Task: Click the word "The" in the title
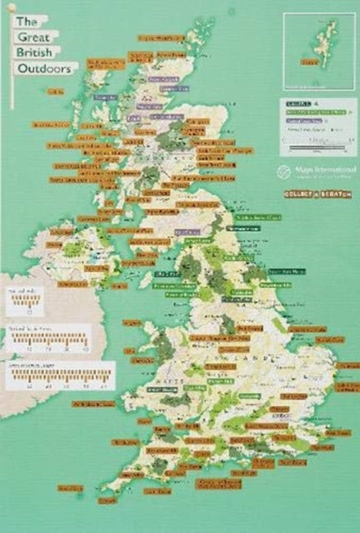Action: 27,21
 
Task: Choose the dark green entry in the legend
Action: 295,105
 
